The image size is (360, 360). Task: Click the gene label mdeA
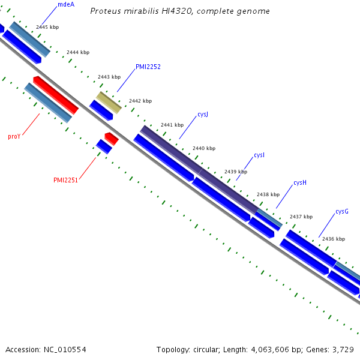point(66,4)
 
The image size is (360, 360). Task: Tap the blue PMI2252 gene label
point(148,67)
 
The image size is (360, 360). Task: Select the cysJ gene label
point(203,114)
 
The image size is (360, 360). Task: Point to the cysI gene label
point(259,155)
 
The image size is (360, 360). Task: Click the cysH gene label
point(300,182)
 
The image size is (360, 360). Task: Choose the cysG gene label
point(342,211)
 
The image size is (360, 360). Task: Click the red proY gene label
point(14,137)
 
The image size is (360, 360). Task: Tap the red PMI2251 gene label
point(66,180)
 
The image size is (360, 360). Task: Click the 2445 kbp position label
point(47,27)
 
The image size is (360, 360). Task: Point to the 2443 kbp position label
point(109,77)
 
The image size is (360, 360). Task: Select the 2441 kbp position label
point(172,125)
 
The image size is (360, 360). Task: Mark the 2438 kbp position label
point(268,194)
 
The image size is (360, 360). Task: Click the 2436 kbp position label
point(334,239)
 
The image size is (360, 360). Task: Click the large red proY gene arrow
point(56,95)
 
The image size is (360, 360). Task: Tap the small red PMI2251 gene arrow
point(112,139)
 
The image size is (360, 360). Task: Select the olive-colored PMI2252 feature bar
point(109,102)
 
